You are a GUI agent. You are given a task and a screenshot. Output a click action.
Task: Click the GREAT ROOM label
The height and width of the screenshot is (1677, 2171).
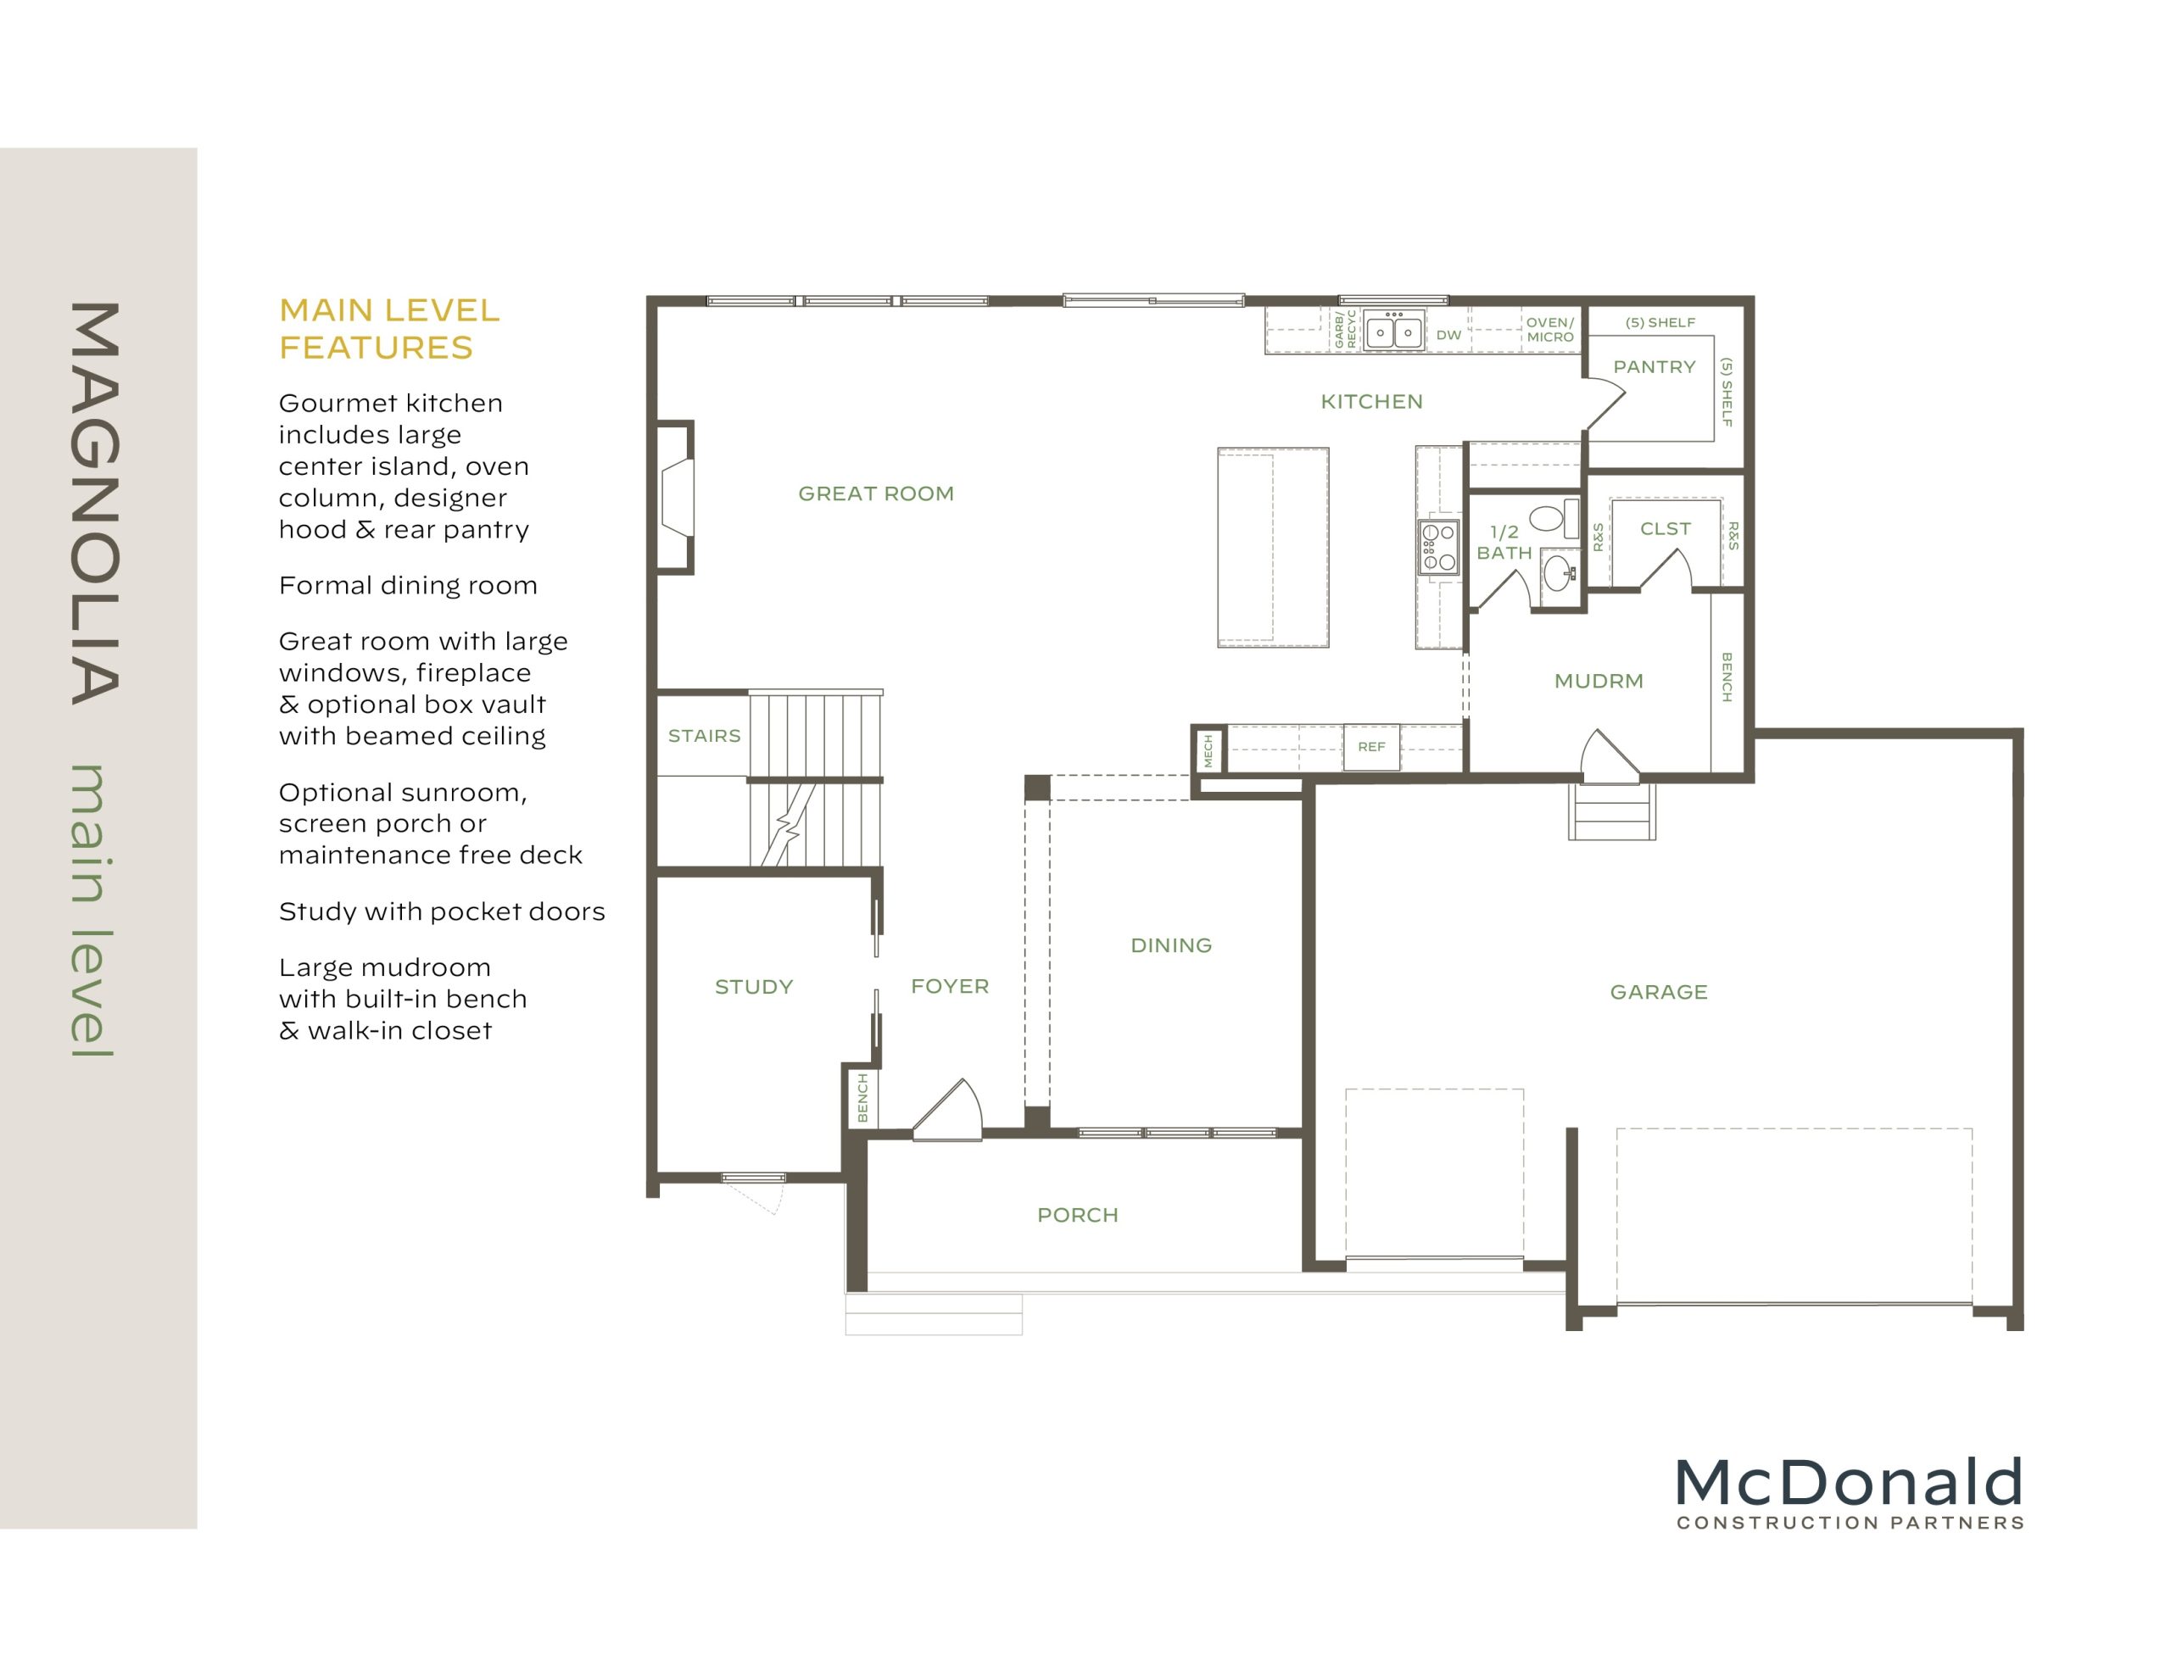pyautogui.click(x=876, y=494)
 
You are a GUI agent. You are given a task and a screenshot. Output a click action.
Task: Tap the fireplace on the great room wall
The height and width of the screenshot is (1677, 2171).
pyautogui.click(x=677, y=497)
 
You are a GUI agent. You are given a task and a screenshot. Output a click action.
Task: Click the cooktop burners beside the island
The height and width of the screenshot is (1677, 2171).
pyautogui.click(x=1438, y=547)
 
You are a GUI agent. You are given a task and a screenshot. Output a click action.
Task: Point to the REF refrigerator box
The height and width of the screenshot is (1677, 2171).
pyautogui.click(x=1370, y=747)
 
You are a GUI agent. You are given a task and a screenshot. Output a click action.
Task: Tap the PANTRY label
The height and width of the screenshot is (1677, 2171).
pyautogui.click(x=1654, y=367)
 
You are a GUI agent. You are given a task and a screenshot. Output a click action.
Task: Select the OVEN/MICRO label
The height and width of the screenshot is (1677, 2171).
pyautogui.click(x=1549, y=330)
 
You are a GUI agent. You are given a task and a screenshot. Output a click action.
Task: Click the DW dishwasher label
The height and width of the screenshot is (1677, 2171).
pyautogui.click(x=1448, y=336)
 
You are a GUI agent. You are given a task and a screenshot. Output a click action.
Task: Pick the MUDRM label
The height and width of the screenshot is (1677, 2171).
pyautogui.click(x=1599, y=681)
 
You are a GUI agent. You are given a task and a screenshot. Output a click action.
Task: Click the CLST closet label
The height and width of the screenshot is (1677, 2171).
pyautogui.click(x=1665, y=529)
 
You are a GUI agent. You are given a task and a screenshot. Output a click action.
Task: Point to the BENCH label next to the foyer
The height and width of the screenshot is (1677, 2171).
pyautogui.click(x=862, y=1097)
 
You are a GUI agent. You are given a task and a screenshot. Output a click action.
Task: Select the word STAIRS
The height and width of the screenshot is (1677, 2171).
pyautogui.click(x=704, y=736)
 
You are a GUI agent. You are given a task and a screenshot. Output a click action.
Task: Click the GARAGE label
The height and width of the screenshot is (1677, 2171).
pyautogui.click(x=1658, y=992)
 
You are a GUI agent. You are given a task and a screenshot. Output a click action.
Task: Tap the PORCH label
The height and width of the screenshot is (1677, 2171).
pyautogui.click(x=1078, y=1215)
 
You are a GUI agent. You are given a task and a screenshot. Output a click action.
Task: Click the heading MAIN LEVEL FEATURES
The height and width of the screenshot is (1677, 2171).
pyautogui.click(x=388, y=329)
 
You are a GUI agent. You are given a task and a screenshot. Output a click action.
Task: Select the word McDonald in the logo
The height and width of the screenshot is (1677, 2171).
pyautogui.click(x=1848, y=1482)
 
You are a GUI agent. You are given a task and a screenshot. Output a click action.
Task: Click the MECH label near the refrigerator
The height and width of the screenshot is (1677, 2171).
pyautogui.click(x=1208, y=749)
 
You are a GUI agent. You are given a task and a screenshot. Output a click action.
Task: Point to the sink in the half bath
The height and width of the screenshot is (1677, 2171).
pyautogui.click(x=1559, y=571)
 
